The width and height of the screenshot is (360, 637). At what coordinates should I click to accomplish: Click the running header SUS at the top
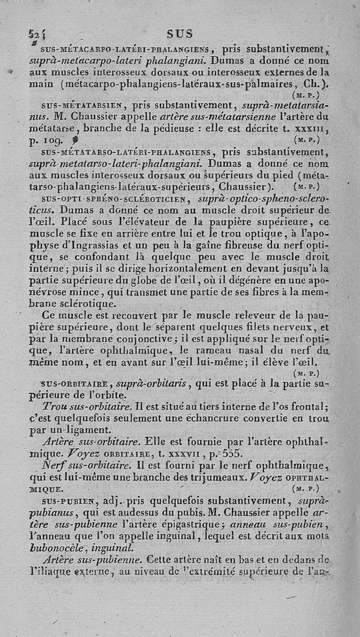180,33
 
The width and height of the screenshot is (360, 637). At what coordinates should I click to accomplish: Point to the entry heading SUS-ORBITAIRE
77,384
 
